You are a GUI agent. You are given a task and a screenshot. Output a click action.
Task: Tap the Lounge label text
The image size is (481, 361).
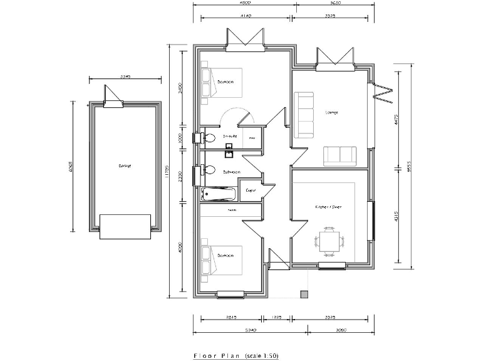point(331,113)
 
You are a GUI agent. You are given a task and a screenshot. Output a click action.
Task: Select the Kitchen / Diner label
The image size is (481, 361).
point(328,206)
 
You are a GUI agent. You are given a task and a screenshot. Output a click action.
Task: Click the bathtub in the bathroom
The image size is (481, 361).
point(217,194)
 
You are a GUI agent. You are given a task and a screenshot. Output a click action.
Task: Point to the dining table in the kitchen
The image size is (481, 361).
point(329,239)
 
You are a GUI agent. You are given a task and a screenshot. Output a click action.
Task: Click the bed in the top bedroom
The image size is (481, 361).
point(220,82)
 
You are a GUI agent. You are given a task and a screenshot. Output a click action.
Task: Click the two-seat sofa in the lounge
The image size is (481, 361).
point(339,154)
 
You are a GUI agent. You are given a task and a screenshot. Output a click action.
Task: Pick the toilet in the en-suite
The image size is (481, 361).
point(209,137)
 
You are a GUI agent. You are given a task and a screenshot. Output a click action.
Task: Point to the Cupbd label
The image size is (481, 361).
point(251,190)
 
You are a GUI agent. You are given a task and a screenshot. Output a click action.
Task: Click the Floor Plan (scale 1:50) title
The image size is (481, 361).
point(236,355)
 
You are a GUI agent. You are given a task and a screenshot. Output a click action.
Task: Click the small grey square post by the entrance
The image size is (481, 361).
point(304,293)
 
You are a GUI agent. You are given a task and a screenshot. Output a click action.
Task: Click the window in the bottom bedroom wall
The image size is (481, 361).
point(230,293)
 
